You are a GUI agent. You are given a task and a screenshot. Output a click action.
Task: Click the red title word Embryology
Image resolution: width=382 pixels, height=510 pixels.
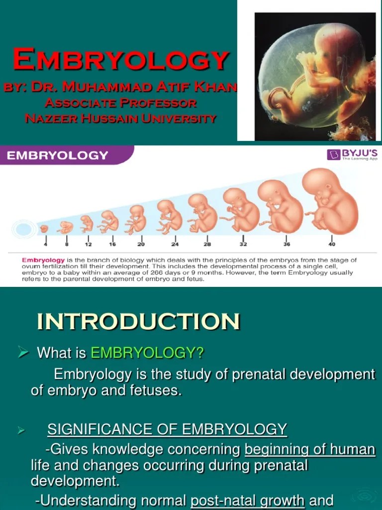point(121,60)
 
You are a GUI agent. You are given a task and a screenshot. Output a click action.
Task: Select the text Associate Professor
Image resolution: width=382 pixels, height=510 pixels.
point(121,103)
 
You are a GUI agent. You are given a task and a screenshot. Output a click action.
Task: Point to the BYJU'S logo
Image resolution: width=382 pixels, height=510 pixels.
point(352,154)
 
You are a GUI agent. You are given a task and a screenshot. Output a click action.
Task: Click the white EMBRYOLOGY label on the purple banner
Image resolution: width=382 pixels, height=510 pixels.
point(57,155)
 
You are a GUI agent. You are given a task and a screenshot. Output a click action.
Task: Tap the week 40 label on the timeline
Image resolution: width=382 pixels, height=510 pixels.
point(332,244)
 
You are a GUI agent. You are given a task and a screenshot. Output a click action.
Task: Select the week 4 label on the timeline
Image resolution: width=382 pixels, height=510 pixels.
point(45,244)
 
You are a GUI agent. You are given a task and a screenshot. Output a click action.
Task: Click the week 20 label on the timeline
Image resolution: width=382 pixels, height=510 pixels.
point(141,244)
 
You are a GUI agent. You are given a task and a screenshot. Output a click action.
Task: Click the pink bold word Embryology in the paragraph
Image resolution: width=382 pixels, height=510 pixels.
point(43,260)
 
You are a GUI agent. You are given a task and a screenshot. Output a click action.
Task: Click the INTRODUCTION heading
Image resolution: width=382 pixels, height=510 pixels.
point(138,322)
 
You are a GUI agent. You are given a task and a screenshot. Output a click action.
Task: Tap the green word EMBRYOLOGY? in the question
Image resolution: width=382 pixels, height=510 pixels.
point(147,353)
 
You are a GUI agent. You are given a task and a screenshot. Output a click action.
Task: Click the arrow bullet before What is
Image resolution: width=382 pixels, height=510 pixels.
point(23,353)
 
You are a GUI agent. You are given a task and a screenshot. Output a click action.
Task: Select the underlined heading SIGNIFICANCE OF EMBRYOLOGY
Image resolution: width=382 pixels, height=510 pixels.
point(167,429)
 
